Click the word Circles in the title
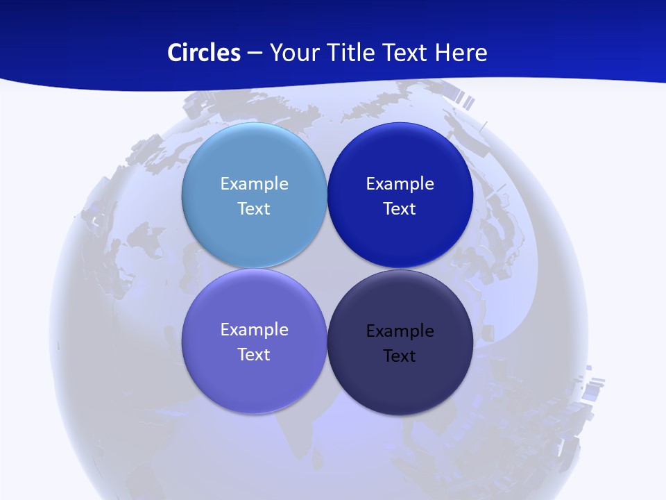pyautogui.click(x=203, y=53)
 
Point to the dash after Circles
pyautogui.click(x=255, y=53)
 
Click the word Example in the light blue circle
pyautogui.click(x=254, y=184)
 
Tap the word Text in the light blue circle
pyautogui.click(x=254, y=209)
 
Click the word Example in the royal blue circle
pyautogui.click(x=400, y=184)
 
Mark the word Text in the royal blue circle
pyautogui.click(x=400, y=209)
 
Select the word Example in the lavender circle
pyautogui.click(x=254, y=330)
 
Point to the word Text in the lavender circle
pyautogui.click(x=254, y=355)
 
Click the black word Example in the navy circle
pyautogui.click(x=400, y=331)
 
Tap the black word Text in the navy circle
pyautogui.click(x=400, y=356)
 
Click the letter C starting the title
pyautogui.click(x=175, y=53)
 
